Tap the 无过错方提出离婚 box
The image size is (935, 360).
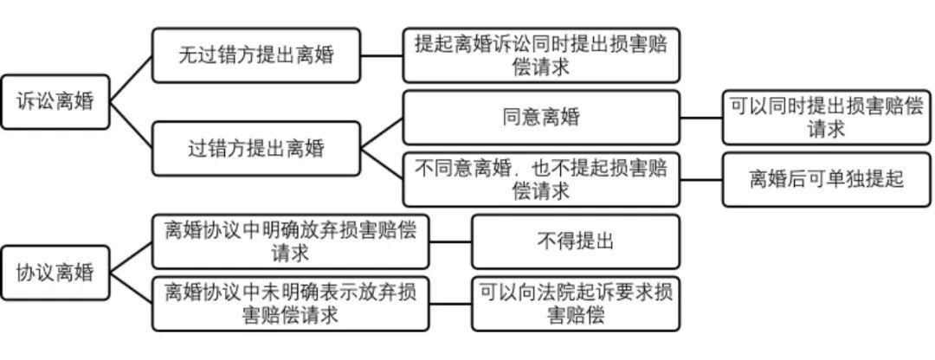pos(255,55)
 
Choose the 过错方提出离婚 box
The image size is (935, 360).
pos(255,148)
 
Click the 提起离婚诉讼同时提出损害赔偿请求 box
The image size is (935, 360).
pos(541,55)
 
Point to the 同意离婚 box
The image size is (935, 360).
pos(541,117)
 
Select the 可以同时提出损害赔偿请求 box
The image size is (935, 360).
pos(827,117)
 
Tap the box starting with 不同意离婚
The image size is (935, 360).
pos(541,179)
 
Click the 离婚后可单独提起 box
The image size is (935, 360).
pos(827,179)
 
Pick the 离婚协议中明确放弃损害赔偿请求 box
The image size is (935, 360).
pos(290,241)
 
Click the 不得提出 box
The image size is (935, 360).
pos(575,241)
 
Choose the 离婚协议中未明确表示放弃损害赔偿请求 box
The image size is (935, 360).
pos(290,304)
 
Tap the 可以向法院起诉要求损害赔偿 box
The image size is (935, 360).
pos(575,304)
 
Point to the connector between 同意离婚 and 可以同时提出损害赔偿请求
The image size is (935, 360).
pos(701,117)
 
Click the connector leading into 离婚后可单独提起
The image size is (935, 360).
pos(701,179)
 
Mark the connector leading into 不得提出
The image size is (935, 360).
pos(450,241)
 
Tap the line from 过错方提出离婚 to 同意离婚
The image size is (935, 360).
pos(381,132)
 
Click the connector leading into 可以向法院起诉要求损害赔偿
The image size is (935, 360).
pos(450,304)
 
